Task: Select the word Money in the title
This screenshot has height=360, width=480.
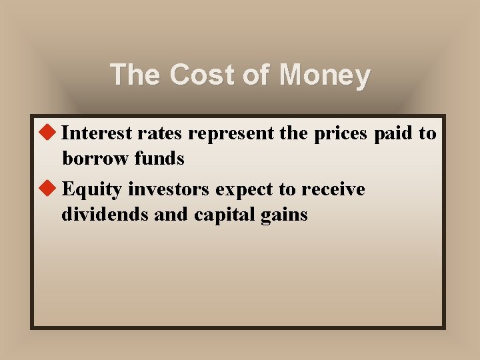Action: point(325,75)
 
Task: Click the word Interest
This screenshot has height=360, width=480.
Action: point(97,133)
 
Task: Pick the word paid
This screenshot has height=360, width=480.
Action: point(393,133)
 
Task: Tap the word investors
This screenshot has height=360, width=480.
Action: point(170,189)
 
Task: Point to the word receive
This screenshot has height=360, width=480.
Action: point(333,189)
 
